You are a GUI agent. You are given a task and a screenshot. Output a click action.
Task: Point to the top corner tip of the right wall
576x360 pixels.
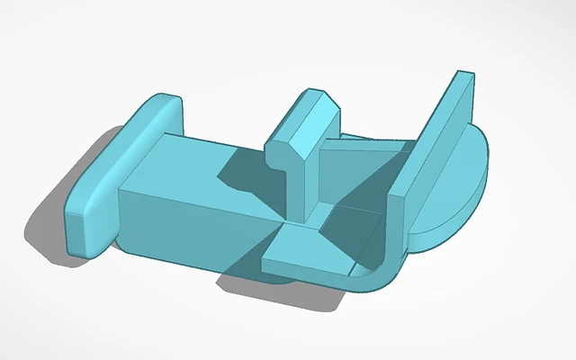pos(463,73)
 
